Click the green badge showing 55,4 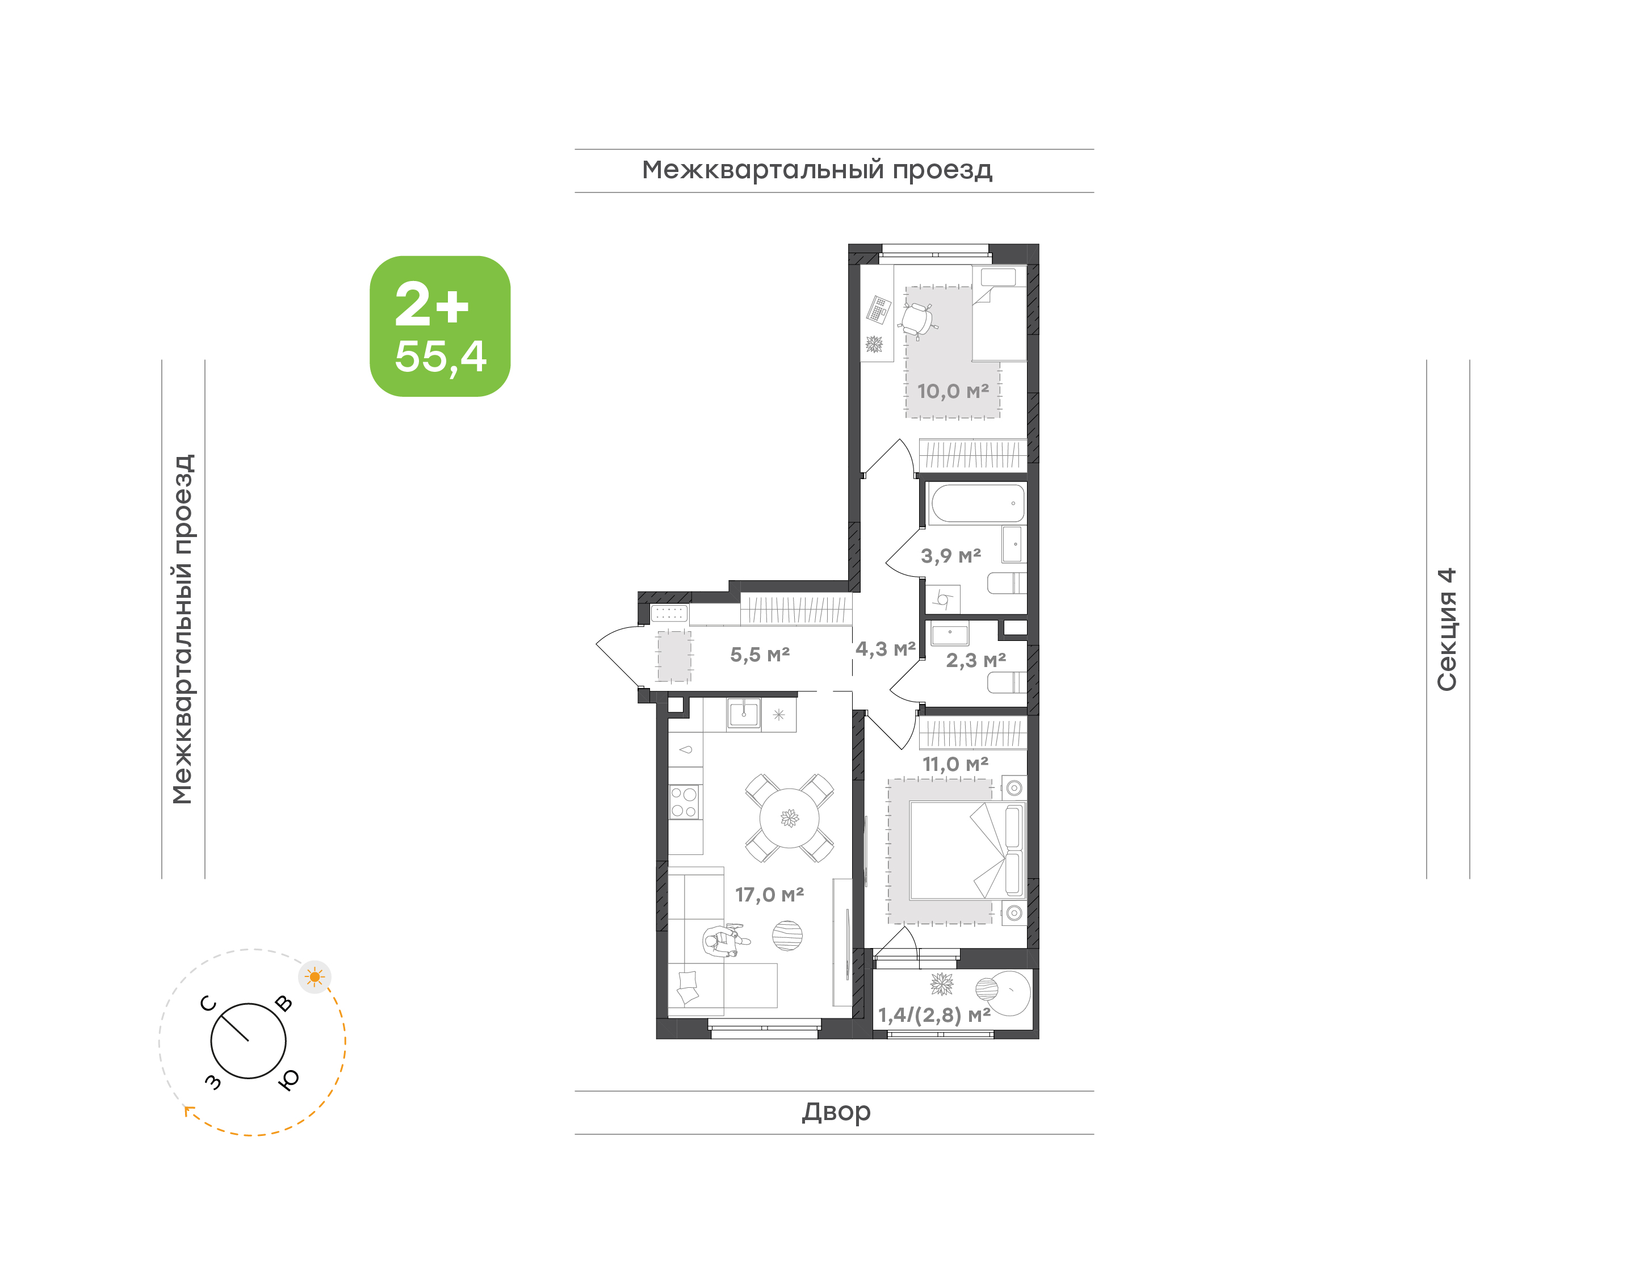coord(439,326)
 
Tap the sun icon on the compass coord(314,977)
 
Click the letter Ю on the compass coord(288,1079)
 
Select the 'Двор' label coord(836,1112)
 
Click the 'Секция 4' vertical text coord(1447,630)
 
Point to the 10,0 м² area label coord(952,391)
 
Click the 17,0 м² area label coord(769,895)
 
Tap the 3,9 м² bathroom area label coord(951,556)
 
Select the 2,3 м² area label coord(975,660)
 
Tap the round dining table coord(789,818)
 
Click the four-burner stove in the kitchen coord(684,802)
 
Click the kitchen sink coord(744,714)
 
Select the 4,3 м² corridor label coord(886,649)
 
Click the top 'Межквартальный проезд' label coord(817,170)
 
